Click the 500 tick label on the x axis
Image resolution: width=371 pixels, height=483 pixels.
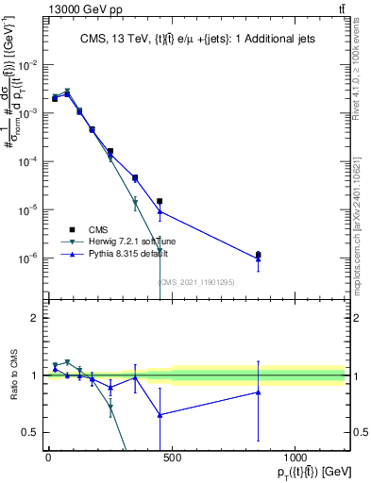pyautogui.click(x=172, y=458)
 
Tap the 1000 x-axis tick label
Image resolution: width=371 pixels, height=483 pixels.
pyautogui.click(x=295, y=458)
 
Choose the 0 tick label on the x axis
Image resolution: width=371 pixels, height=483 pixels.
pyautogui.click(x=48, y=458)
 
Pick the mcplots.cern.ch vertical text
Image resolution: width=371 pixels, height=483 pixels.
pyautogui.click(x=362, y=226)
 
